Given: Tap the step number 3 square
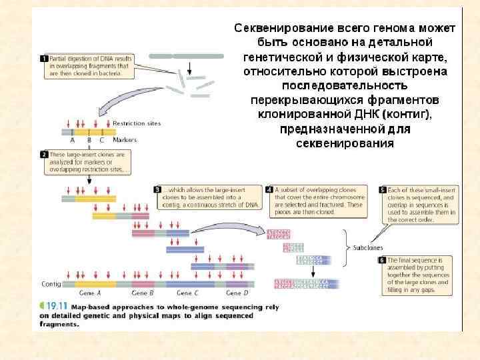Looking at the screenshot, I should point(157,189).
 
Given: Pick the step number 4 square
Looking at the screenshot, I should point(269,189).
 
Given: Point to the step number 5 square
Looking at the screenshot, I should point(383,189).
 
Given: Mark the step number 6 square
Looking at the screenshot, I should point(383,259).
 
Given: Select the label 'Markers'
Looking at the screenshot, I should point(125,140).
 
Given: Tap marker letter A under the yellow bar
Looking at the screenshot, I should point(73,140).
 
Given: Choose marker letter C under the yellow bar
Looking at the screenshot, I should point(101,140).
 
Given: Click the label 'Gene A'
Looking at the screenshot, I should point(89,293).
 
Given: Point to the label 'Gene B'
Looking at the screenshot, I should point(143,293).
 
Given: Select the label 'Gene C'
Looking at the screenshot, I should point(187,293).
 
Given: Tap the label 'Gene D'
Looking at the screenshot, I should point(237,293).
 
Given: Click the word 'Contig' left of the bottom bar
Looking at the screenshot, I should point(51,284).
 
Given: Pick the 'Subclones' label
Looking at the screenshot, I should point(368,247).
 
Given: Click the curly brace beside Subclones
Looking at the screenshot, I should point(345,247).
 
